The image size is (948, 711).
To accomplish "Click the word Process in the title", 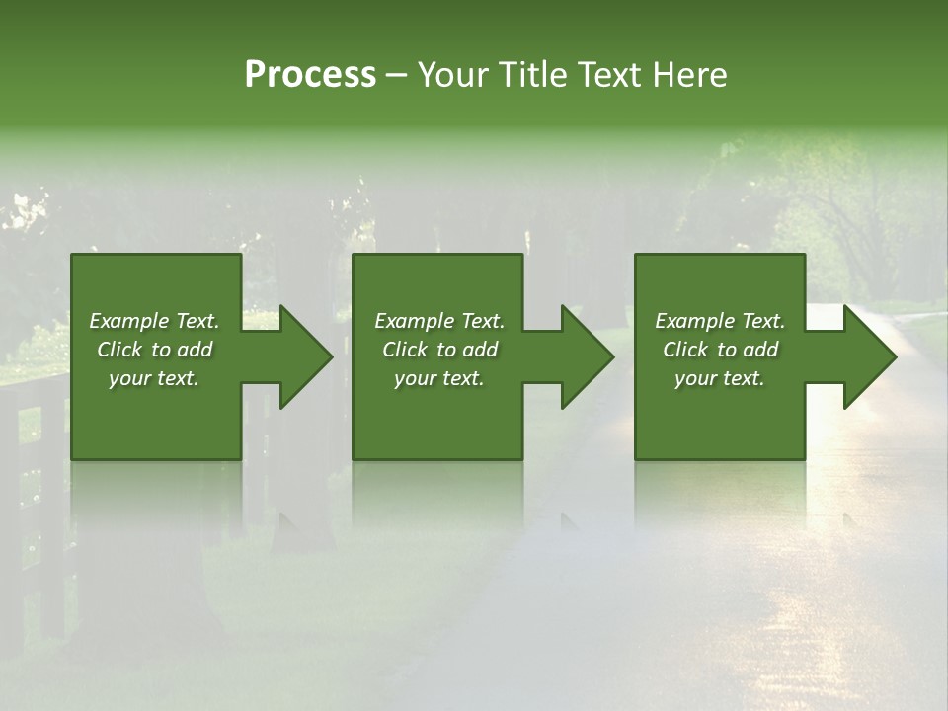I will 310,75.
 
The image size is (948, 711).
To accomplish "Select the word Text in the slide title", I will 610,75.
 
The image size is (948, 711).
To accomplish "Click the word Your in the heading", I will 452,75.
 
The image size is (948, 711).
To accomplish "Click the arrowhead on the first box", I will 302,356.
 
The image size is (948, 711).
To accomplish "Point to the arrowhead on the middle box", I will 584,356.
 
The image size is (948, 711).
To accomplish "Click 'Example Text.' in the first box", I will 154,321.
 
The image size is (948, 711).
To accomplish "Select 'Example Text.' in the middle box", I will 439,321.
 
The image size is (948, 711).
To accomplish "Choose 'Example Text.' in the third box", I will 720,321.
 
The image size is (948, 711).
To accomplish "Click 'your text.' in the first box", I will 154,378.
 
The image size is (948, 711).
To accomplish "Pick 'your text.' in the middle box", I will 439,378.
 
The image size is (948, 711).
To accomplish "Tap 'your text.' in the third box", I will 720,378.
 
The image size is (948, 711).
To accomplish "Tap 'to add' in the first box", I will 185,350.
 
